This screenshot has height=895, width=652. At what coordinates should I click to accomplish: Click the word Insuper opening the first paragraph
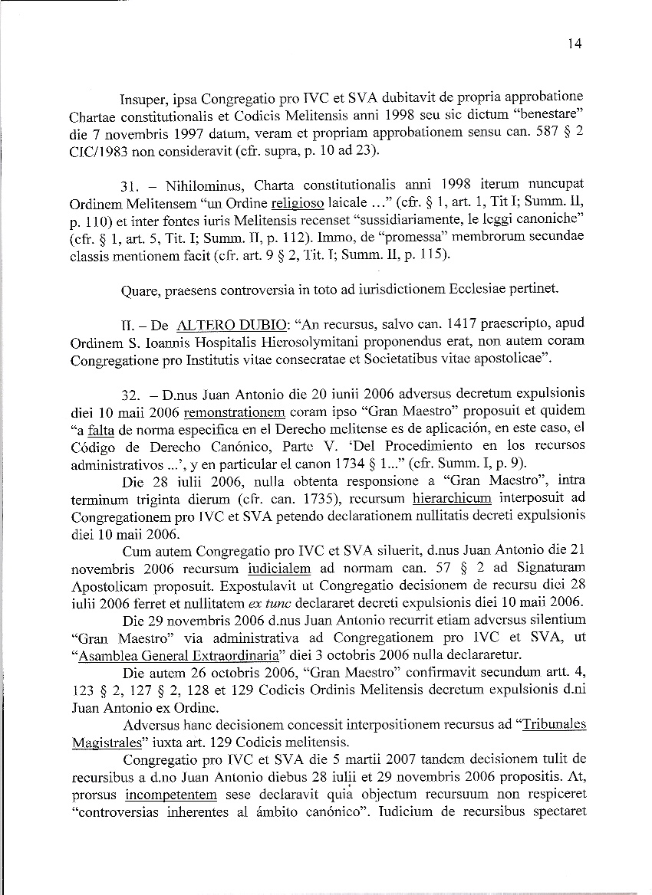click(x=143, y=100)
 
